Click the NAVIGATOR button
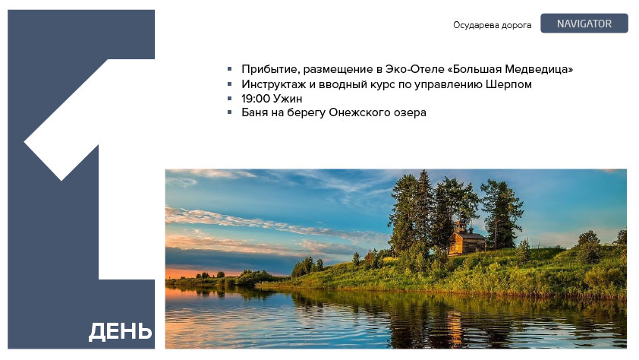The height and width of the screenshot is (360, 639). pos(584,24)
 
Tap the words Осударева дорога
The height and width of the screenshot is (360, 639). pos(492,25)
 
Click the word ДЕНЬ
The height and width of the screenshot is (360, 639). pos(120,331)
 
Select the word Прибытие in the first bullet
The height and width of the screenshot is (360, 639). pos(270,69)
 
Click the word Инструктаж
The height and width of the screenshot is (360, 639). pos(273,84)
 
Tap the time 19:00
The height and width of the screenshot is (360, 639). pos(255,99)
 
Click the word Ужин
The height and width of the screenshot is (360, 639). pos(287,99)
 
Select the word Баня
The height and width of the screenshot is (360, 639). pos(255,112)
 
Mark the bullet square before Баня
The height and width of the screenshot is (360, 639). pos(230,112)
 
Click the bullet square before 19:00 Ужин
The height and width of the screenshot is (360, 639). pos(230,98)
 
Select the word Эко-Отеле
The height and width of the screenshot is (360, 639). pos(415,69)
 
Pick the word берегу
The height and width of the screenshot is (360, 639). pos(306,113)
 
